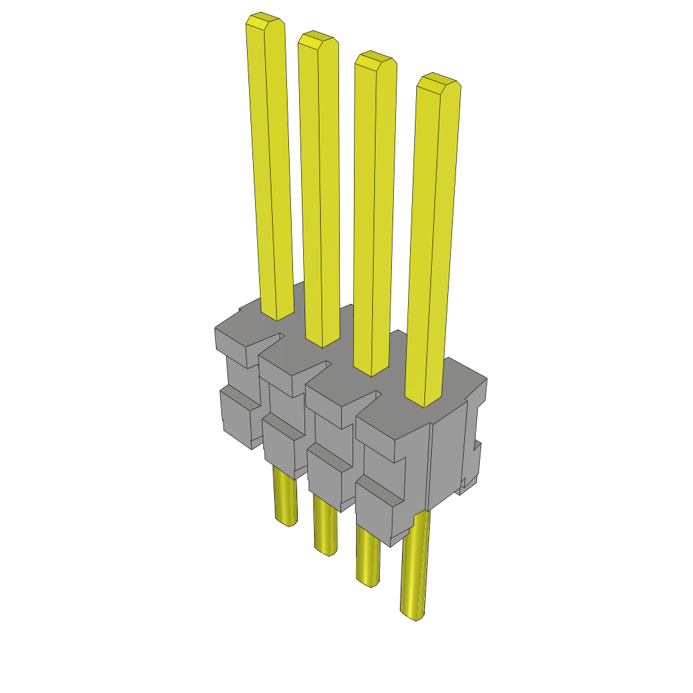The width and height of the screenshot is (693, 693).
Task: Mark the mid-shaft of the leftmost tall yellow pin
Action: (x=271, y=169)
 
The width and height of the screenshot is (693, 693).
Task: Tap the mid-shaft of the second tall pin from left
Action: (x=320, y=189)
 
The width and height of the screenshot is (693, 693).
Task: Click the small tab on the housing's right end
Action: (x=476, y=460)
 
